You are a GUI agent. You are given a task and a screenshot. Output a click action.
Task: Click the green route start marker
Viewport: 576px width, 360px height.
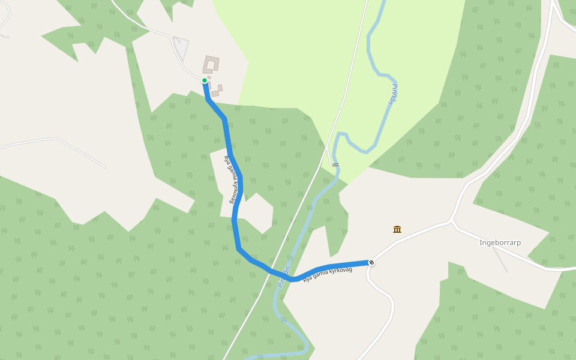(205, 80)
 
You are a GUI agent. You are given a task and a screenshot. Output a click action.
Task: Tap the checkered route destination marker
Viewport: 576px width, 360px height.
(371, 262)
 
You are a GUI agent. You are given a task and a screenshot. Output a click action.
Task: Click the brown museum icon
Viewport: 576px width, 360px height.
(397, 229)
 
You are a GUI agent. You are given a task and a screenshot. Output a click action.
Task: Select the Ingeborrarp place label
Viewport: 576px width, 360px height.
(500, 242)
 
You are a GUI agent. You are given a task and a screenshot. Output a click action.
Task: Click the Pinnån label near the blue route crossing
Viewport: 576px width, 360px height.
(284, 277)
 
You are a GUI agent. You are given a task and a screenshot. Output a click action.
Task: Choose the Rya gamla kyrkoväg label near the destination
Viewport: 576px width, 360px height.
(327, 274)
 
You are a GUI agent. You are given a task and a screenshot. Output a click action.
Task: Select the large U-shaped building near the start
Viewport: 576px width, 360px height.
(211, 64)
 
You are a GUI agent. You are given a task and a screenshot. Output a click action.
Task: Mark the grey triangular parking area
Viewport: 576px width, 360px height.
(182, 47)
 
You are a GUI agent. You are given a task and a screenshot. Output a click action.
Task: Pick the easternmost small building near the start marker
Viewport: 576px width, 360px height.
(220, 88)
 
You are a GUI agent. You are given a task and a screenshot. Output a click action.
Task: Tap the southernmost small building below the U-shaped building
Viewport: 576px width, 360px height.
(215, 94)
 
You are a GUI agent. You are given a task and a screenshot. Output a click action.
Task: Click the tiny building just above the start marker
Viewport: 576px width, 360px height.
(209, 77)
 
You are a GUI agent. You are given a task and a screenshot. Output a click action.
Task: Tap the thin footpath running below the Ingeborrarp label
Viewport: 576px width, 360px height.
(500, 259)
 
